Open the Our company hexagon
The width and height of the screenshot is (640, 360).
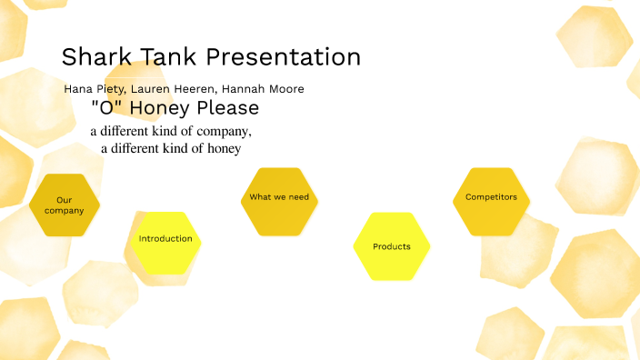65,205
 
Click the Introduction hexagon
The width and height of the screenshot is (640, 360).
165,239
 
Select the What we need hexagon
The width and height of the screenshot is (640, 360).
279,197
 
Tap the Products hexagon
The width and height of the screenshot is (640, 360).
391,246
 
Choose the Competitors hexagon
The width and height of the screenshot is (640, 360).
491,197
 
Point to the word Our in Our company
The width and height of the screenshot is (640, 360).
65,200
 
